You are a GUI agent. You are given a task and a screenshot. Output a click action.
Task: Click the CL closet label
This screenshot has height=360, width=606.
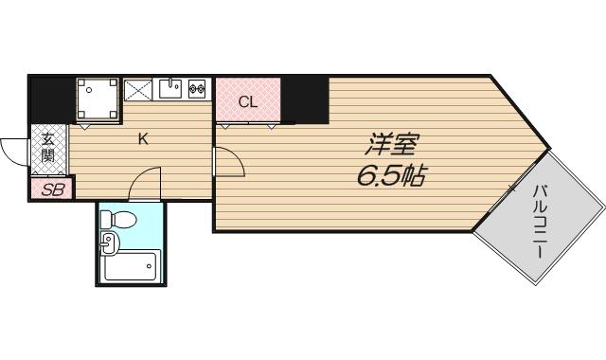pyautogui.click(x=247, y=102)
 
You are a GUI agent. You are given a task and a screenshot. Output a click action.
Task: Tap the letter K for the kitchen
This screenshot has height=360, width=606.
pyautogui.click(x=143, y=139)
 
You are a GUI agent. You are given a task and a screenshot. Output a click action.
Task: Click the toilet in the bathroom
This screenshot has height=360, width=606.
pyautogui.click(x=122, y=221)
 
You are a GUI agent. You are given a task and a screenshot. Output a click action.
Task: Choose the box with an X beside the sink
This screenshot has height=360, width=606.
pyautogui.click(x=137, y=90)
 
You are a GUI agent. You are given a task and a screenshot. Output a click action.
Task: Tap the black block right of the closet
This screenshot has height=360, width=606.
pyautogui.click(x=305, y=99)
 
